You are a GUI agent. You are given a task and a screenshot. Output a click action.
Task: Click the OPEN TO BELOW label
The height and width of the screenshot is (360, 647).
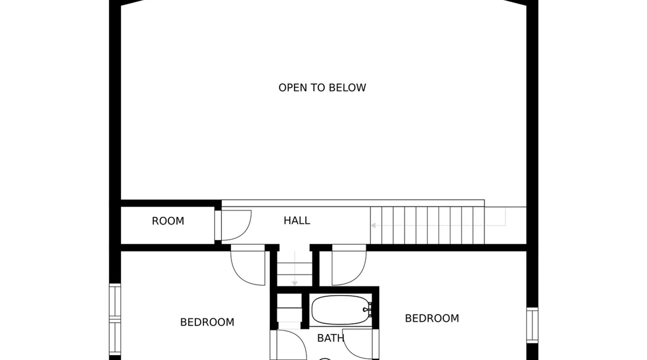click(x=322, y=87)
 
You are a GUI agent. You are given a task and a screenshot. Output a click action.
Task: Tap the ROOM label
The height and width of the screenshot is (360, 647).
click(x=168, y=221)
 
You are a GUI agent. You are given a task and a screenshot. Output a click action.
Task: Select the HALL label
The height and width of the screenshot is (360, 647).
click(x=297, y=220)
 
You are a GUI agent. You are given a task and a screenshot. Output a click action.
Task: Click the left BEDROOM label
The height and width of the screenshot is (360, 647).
click(x=207, y=322)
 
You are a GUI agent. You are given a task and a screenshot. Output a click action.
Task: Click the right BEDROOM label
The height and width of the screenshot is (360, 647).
click(x=432, y=318)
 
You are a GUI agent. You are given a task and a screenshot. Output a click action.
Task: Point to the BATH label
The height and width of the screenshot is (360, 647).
click(x=331, y=338)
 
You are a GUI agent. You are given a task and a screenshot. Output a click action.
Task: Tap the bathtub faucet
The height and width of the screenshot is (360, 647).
click(x=368, y=310)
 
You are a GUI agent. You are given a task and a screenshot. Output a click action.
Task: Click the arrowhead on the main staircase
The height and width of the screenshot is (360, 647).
click(x=373, y=225)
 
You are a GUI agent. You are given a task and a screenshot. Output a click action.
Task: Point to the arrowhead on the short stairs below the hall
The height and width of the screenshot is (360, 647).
click(x=295, y=284)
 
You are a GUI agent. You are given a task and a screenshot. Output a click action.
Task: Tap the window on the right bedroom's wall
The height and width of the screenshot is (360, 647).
click(x=532, y=325)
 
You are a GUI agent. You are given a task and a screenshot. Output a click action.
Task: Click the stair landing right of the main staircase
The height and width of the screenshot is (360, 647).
click(x=505, y=225)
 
